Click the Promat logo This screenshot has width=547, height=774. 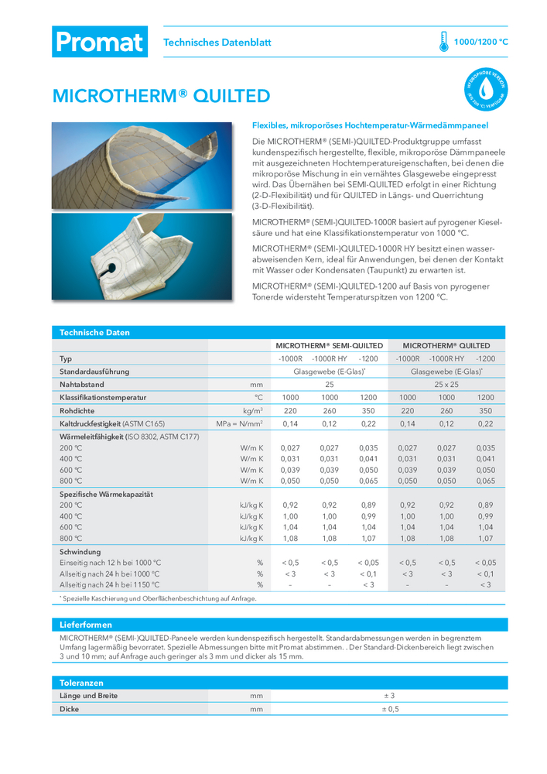tap(99, 42)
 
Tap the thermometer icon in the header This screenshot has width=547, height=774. tap(443, 42)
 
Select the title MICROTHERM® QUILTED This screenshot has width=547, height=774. tap(161, 96)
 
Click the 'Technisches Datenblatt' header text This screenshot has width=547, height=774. tap(217, 43)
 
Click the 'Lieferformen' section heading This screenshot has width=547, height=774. tap(86, 625)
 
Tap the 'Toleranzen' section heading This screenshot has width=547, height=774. tap(81, 683)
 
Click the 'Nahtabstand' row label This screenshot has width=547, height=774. tap(82, 384)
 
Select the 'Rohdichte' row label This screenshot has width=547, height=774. tap(77, 411)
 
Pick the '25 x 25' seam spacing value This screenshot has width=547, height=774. tap(446, 384)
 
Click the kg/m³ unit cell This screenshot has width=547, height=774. tap(253, 411)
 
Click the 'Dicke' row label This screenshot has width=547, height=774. tap(70, 709)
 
